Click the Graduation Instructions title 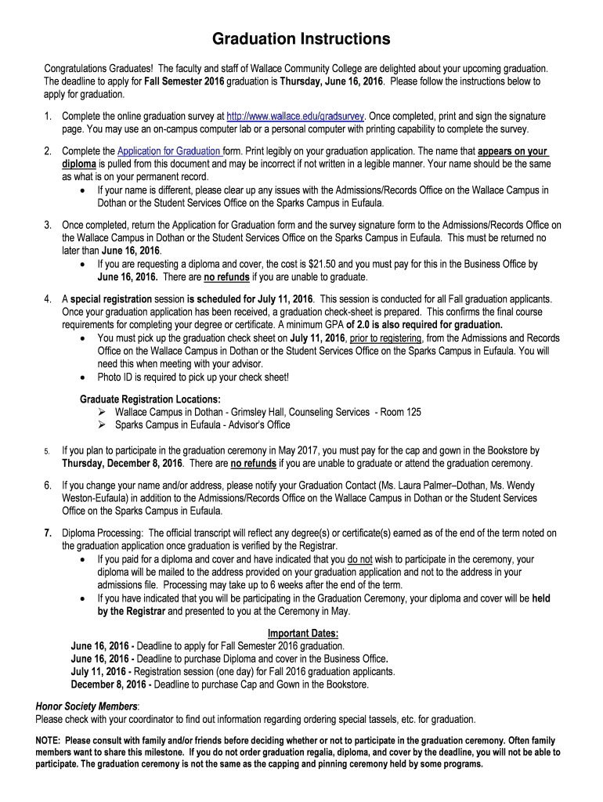coord(301,39)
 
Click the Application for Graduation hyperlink coord(169,151)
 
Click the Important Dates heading coord(303,633)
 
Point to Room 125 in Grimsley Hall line coord(401,412)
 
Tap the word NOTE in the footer coord(50,740)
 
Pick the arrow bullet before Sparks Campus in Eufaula coord(102,424)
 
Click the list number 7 coord(48,533)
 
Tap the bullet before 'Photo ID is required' coord(85,378)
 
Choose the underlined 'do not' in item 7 coord(359,559)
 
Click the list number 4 coord(48,299)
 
